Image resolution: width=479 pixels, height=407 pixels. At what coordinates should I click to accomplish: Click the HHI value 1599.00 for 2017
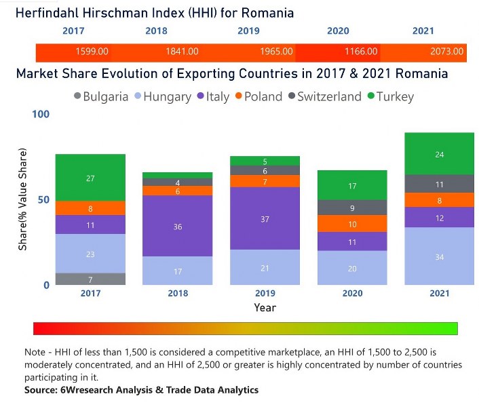coord(91,52)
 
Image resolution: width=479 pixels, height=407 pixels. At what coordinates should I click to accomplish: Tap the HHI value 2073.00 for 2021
coord(446,52)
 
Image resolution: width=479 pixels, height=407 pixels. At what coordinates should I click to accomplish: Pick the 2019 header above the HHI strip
coord(248,31)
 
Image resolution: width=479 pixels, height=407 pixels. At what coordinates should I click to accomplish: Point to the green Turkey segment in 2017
coord(90,178)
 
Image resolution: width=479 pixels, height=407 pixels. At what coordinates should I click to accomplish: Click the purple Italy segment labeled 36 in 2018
coord(177,226)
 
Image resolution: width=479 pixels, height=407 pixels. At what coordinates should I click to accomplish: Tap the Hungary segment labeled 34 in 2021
coord(439,256)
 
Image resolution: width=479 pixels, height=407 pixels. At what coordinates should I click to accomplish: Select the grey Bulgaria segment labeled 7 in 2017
coord(90,279)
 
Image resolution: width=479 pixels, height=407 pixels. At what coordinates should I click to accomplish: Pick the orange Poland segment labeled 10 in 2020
coord(351,224)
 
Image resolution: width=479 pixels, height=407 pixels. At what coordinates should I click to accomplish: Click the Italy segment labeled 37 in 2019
coord(264,218)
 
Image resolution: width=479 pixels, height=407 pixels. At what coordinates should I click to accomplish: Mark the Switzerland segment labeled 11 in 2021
coord(439,184)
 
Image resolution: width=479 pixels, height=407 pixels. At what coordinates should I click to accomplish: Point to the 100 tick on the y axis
coord(41,114)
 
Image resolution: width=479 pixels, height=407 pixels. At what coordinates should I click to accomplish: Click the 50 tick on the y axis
coord(44,199)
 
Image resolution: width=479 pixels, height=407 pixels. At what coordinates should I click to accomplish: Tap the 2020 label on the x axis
coord(351,294)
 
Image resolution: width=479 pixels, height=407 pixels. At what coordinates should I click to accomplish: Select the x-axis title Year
coord(265,307)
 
